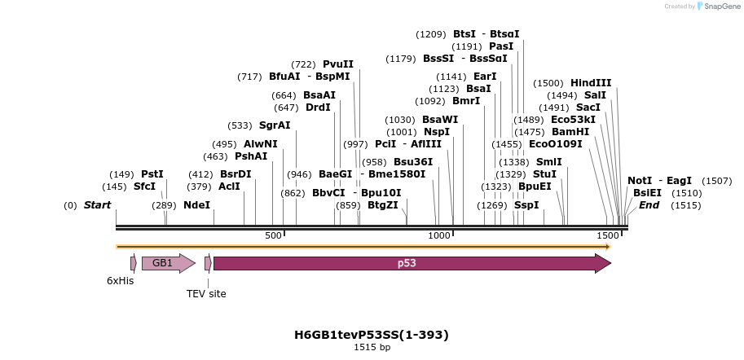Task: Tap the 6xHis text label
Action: click(120, 281)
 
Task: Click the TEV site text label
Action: click(206, 293)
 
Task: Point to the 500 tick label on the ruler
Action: click(273, 235)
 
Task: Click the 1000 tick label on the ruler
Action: click(439, 235)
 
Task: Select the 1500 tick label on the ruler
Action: click(607, 235)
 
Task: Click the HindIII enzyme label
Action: click(591, 83)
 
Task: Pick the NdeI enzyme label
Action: click(196, 205)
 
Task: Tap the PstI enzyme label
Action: click(152, 174)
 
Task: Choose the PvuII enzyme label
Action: click(338, 64)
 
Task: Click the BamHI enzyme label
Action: click(570, 132)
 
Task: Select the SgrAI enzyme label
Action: click(275, 125)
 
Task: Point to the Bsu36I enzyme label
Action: click(413, 162)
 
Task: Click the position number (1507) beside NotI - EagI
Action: click(716, 181)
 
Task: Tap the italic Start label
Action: click(97, 205)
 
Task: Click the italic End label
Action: click(649, 205)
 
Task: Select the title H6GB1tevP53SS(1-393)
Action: click(372, 335)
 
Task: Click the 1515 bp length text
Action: click(372, 348)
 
